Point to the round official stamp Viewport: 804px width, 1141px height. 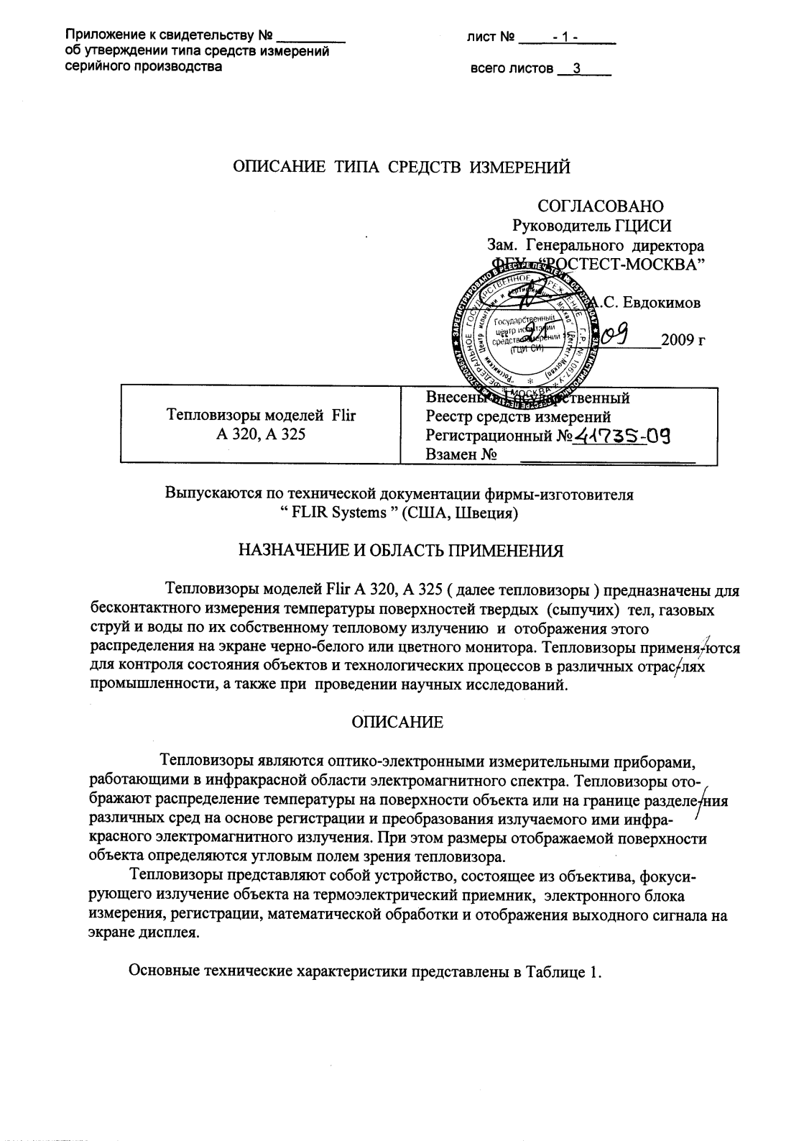coord(518,327)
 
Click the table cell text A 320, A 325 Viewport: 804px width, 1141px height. coord(260,434)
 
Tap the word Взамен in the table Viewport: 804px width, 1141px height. coord(450,454)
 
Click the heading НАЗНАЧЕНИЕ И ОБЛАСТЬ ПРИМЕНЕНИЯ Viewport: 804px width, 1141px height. coord(401,551)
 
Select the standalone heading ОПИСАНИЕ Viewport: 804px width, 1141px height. coord(397,723)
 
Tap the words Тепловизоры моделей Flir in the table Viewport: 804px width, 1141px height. coord(261,416)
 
